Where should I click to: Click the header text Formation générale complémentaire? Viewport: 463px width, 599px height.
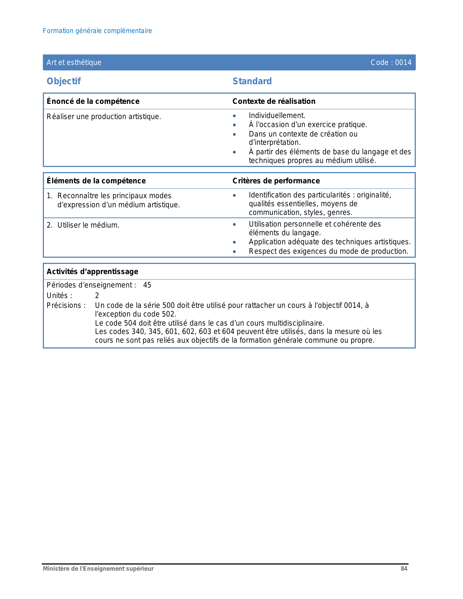[97, 31]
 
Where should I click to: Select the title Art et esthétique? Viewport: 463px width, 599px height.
[74, 62]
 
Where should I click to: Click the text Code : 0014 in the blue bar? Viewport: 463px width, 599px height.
[391, 62]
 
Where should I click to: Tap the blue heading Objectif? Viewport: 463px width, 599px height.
[64, 81]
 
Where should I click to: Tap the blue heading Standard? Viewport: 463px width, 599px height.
[252, 81]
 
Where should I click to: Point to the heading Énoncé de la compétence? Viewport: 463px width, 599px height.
[93, 101]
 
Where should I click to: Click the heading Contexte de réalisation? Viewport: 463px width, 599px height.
[274, 101]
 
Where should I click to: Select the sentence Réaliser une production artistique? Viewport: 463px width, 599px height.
[104, 117]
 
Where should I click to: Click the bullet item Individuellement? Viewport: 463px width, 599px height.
[277, 115]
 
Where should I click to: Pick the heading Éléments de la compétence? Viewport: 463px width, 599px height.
[96, 181]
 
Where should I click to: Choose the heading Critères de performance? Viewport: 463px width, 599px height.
[276, 181]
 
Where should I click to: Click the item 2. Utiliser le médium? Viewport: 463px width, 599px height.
[83, 225]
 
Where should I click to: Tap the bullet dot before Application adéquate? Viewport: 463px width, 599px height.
[235, 242]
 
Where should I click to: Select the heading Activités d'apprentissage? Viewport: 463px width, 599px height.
[93, 272]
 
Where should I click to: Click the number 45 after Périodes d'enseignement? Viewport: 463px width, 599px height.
[147, 285]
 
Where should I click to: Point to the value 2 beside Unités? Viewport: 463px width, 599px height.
[97, 296]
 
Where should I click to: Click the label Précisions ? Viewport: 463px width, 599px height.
[66, 305]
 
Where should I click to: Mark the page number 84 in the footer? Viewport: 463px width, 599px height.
[404, 569]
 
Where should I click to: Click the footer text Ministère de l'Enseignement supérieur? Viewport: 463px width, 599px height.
[98, 569]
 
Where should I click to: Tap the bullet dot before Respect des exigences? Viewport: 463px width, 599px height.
[235, 252]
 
